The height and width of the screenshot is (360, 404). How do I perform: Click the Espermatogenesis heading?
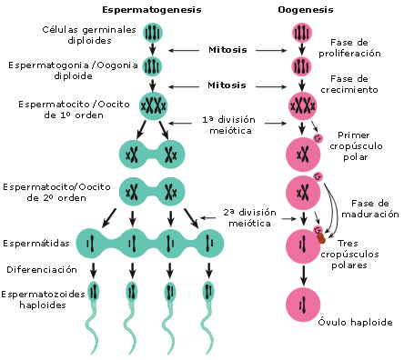pyautogui.click(x=152, y=10)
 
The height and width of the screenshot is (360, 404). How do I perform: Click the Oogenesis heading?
pyautogui.click(x=306, y=10)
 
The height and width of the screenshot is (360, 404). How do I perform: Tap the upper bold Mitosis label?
pyautogui.click(x=227, y=50)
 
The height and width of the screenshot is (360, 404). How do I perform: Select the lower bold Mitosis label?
pyautogui.click(x=227, y=85)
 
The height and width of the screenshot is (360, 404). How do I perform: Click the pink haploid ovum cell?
pyautogui.click(x=303, y=305)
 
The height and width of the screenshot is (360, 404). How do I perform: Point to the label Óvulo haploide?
pyautogui.click(x=355, y=322)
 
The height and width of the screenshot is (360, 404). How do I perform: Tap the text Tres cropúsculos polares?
pyautogui.click(x=349, y=255)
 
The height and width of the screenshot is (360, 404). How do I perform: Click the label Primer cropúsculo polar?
pyautogui.click(x=356, y=146)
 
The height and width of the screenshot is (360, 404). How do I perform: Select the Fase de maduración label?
pyautogui.click(x=370, y=208)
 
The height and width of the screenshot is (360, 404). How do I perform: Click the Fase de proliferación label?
pyautogui.click(x=349, y=48)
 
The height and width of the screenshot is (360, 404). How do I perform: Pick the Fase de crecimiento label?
pyautogui.click(x=349, y=85)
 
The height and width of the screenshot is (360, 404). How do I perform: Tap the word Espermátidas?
pyautogui.click(x=36, y=243)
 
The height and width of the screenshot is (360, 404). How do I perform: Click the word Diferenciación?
pyautogui.click(x=42, y=269)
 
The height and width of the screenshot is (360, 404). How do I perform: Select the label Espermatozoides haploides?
pyautogui.click(x=43, y=299)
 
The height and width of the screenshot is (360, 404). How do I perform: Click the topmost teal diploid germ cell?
pyautogui.click(x=153, y=33)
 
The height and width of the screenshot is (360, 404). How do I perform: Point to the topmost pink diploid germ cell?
pyautogui.click(x=302, y=33)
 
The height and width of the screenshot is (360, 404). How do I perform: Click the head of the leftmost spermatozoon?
pyautogui.click(x=94, y=292)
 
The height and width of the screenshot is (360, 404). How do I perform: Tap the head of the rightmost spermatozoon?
pyautogui.click(x=208, y=292)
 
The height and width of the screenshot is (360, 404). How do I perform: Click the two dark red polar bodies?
pyautogui.click(x=321, y=238)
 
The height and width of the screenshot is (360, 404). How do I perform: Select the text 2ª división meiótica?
pyautogui.click(x=250, y=217)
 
